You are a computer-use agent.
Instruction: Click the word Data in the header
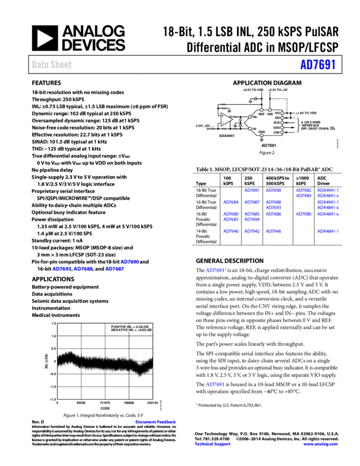tap(39, 65)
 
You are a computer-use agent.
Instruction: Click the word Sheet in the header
tap(61, 65)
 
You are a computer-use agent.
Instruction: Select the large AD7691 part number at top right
tap(318, 65)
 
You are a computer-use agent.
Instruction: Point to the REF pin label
tap(261, 114)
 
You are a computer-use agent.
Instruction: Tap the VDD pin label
tap(270, 114)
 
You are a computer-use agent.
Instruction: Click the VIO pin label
tap(277, 113)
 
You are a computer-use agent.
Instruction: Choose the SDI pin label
tap(277, 118)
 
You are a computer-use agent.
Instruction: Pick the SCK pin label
tap(277, 123)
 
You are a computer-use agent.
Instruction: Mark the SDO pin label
tap(277, 128)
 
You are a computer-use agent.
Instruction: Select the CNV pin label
tap(277, 133)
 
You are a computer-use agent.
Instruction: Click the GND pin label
tap(261, 132)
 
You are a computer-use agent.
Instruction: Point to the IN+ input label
tap(255, 117)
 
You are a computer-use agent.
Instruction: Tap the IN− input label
tap(255, 129)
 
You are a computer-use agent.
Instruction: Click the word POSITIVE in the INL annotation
tap(119, 327)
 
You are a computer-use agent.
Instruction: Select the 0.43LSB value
tap(142, 327)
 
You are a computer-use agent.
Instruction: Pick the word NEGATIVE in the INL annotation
tap(119, 331)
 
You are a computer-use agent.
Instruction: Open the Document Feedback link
tap(156, 422)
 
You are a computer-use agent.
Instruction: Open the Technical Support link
tap(213, 445)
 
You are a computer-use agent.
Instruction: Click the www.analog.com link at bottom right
tap(321, 445)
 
